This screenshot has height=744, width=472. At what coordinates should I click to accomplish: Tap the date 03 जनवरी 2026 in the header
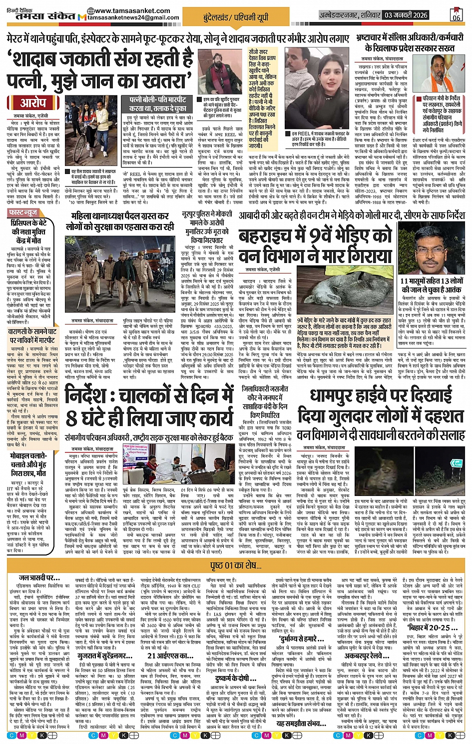pyautogui.click(x=406, y=15)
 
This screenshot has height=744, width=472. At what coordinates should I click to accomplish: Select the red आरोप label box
pyautogui.click(x=33, y=103)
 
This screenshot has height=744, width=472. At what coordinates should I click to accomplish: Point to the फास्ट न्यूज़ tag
pyautogui.click(x=24, y=213)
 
